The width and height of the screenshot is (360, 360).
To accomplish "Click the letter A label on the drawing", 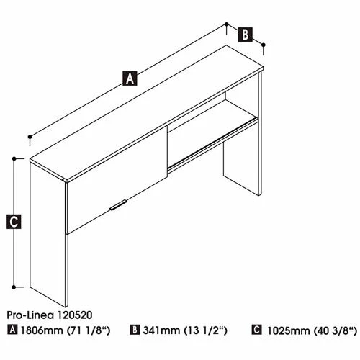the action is [130, 78].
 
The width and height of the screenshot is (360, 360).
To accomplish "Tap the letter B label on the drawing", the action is [246, 35].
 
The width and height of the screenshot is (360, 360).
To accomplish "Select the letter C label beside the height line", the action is [14, 222].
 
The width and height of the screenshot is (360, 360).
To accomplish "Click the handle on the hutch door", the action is [118, 204].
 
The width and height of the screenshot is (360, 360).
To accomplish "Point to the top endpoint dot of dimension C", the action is [14, 158].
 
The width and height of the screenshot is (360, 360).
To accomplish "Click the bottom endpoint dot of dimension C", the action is [14, 287].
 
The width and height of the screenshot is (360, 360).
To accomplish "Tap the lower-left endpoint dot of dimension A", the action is [30, 137].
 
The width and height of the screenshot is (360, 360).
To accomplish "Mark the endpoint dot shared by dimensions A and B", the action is [226, 24].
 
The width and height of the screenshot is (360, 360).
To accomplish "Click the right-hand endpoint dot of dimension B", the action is [264, 45].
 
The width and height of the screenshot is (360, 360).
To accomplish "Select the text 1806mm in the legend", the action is [42, 330].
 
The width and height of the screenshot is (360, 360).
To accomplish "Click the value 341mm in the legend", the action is [161, 330].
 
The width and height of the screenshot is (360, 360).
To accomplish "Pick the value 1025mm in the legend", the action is [289, 331].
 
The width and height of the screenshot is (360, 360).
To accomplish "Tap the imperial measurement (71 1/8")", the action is [88, 330].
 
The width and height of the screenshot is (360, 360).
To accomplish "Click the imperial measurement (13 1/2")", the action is [205, 330].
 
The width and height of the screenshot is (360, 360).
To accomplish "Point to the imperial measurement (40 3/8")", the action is [336, 331].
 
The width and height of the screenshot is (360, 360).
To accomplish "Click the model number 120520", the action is [73, 315].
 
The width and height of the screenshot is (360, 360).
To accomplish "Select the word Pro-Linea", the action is [30, 315].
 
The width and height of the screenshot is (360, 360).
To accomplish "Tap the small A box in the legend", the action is [12, 330].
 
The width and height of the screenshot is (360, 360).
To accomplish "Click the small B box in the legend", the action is [135, 330].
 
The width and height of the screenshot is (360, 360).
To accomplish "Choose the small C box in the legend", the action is [256, 330].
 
